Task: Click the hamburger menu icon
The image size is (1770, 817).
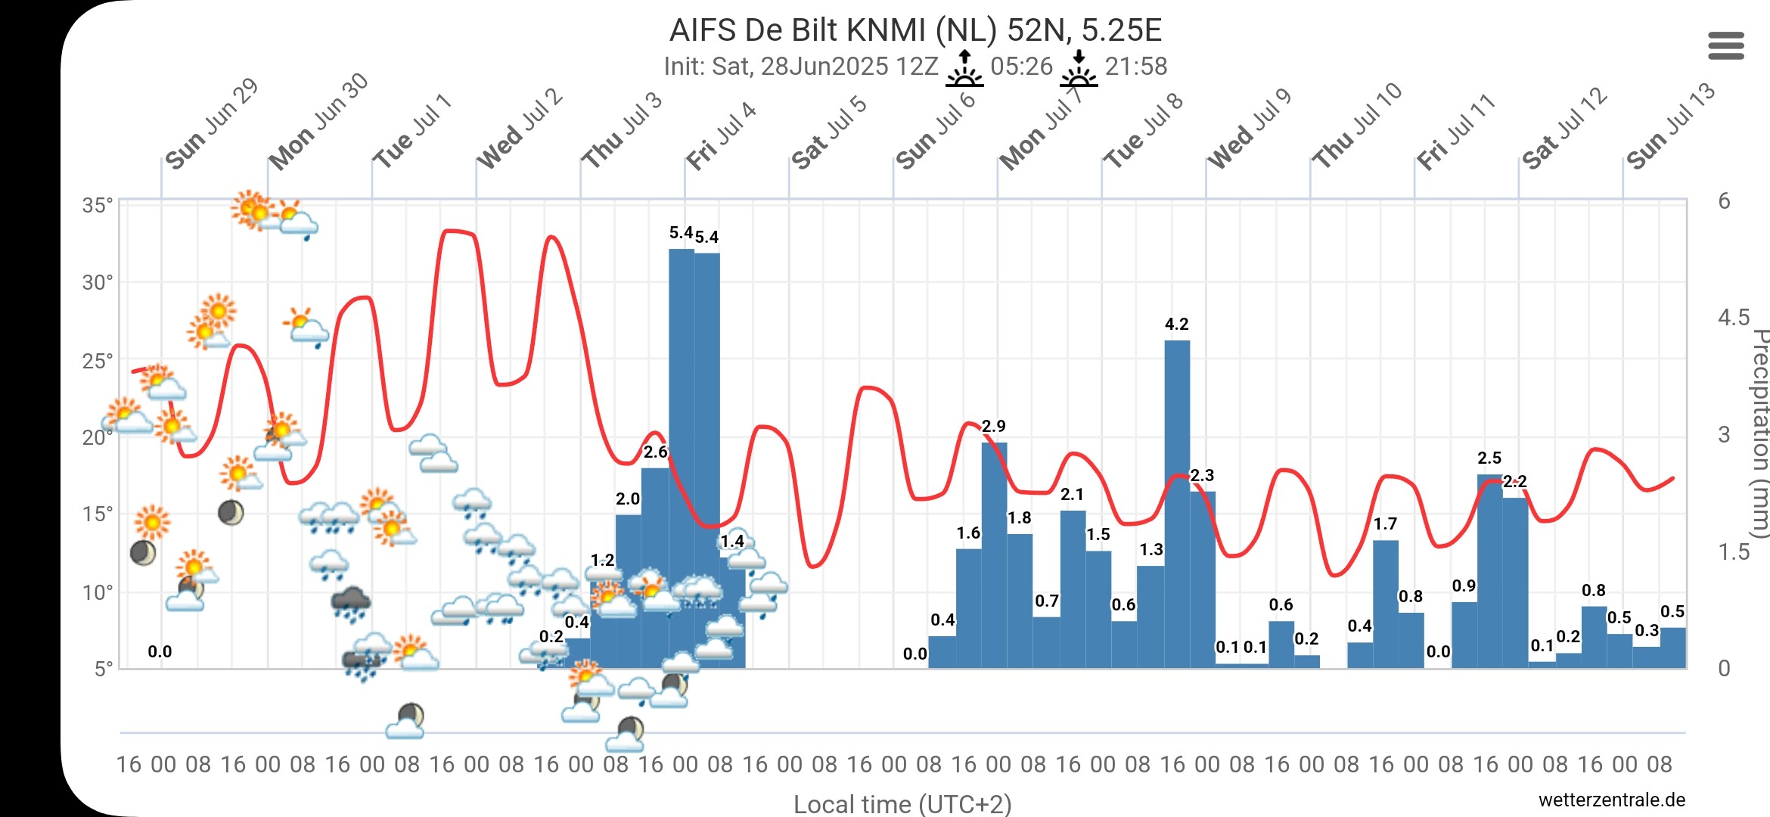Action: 1726,45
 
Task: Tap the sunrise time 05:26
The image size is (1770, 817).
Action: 1021,67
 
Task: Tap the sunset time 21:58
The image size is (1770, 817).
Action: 1136,67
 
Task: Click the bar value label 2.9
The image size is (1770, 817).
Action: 994,426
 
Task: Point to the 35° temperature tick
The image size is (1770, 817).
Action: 98,205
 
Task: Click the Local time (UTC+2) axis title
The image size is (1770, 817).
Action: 902,803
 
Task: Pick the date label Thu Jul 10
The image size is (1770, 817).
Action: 1357,126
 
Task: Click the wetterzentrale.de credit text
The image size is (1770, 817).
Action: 1612,800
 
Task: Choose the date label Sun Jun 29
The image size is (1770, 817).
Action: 212,124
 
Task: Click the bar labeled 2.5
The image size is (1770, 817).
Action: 1489,571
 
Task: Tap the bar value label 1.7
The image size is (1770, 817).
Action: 1385,523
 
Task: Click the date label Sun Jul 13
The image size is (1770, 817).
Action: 1670,126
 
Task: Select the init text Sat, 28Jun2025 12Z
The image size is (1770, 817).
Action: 800,67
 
